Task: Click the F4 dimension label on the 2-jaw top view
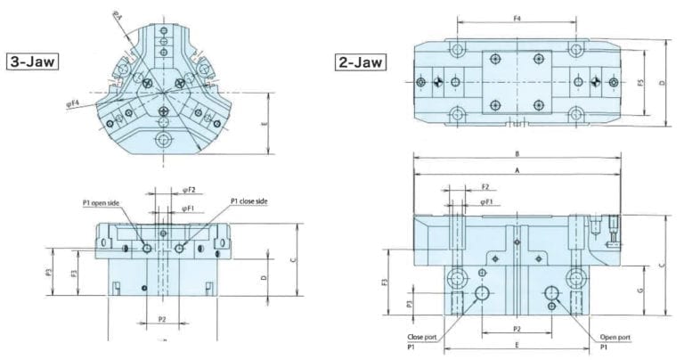516,17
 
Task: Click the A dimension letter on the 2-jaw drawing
516,168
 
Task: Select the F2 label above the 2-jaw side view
485,187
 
